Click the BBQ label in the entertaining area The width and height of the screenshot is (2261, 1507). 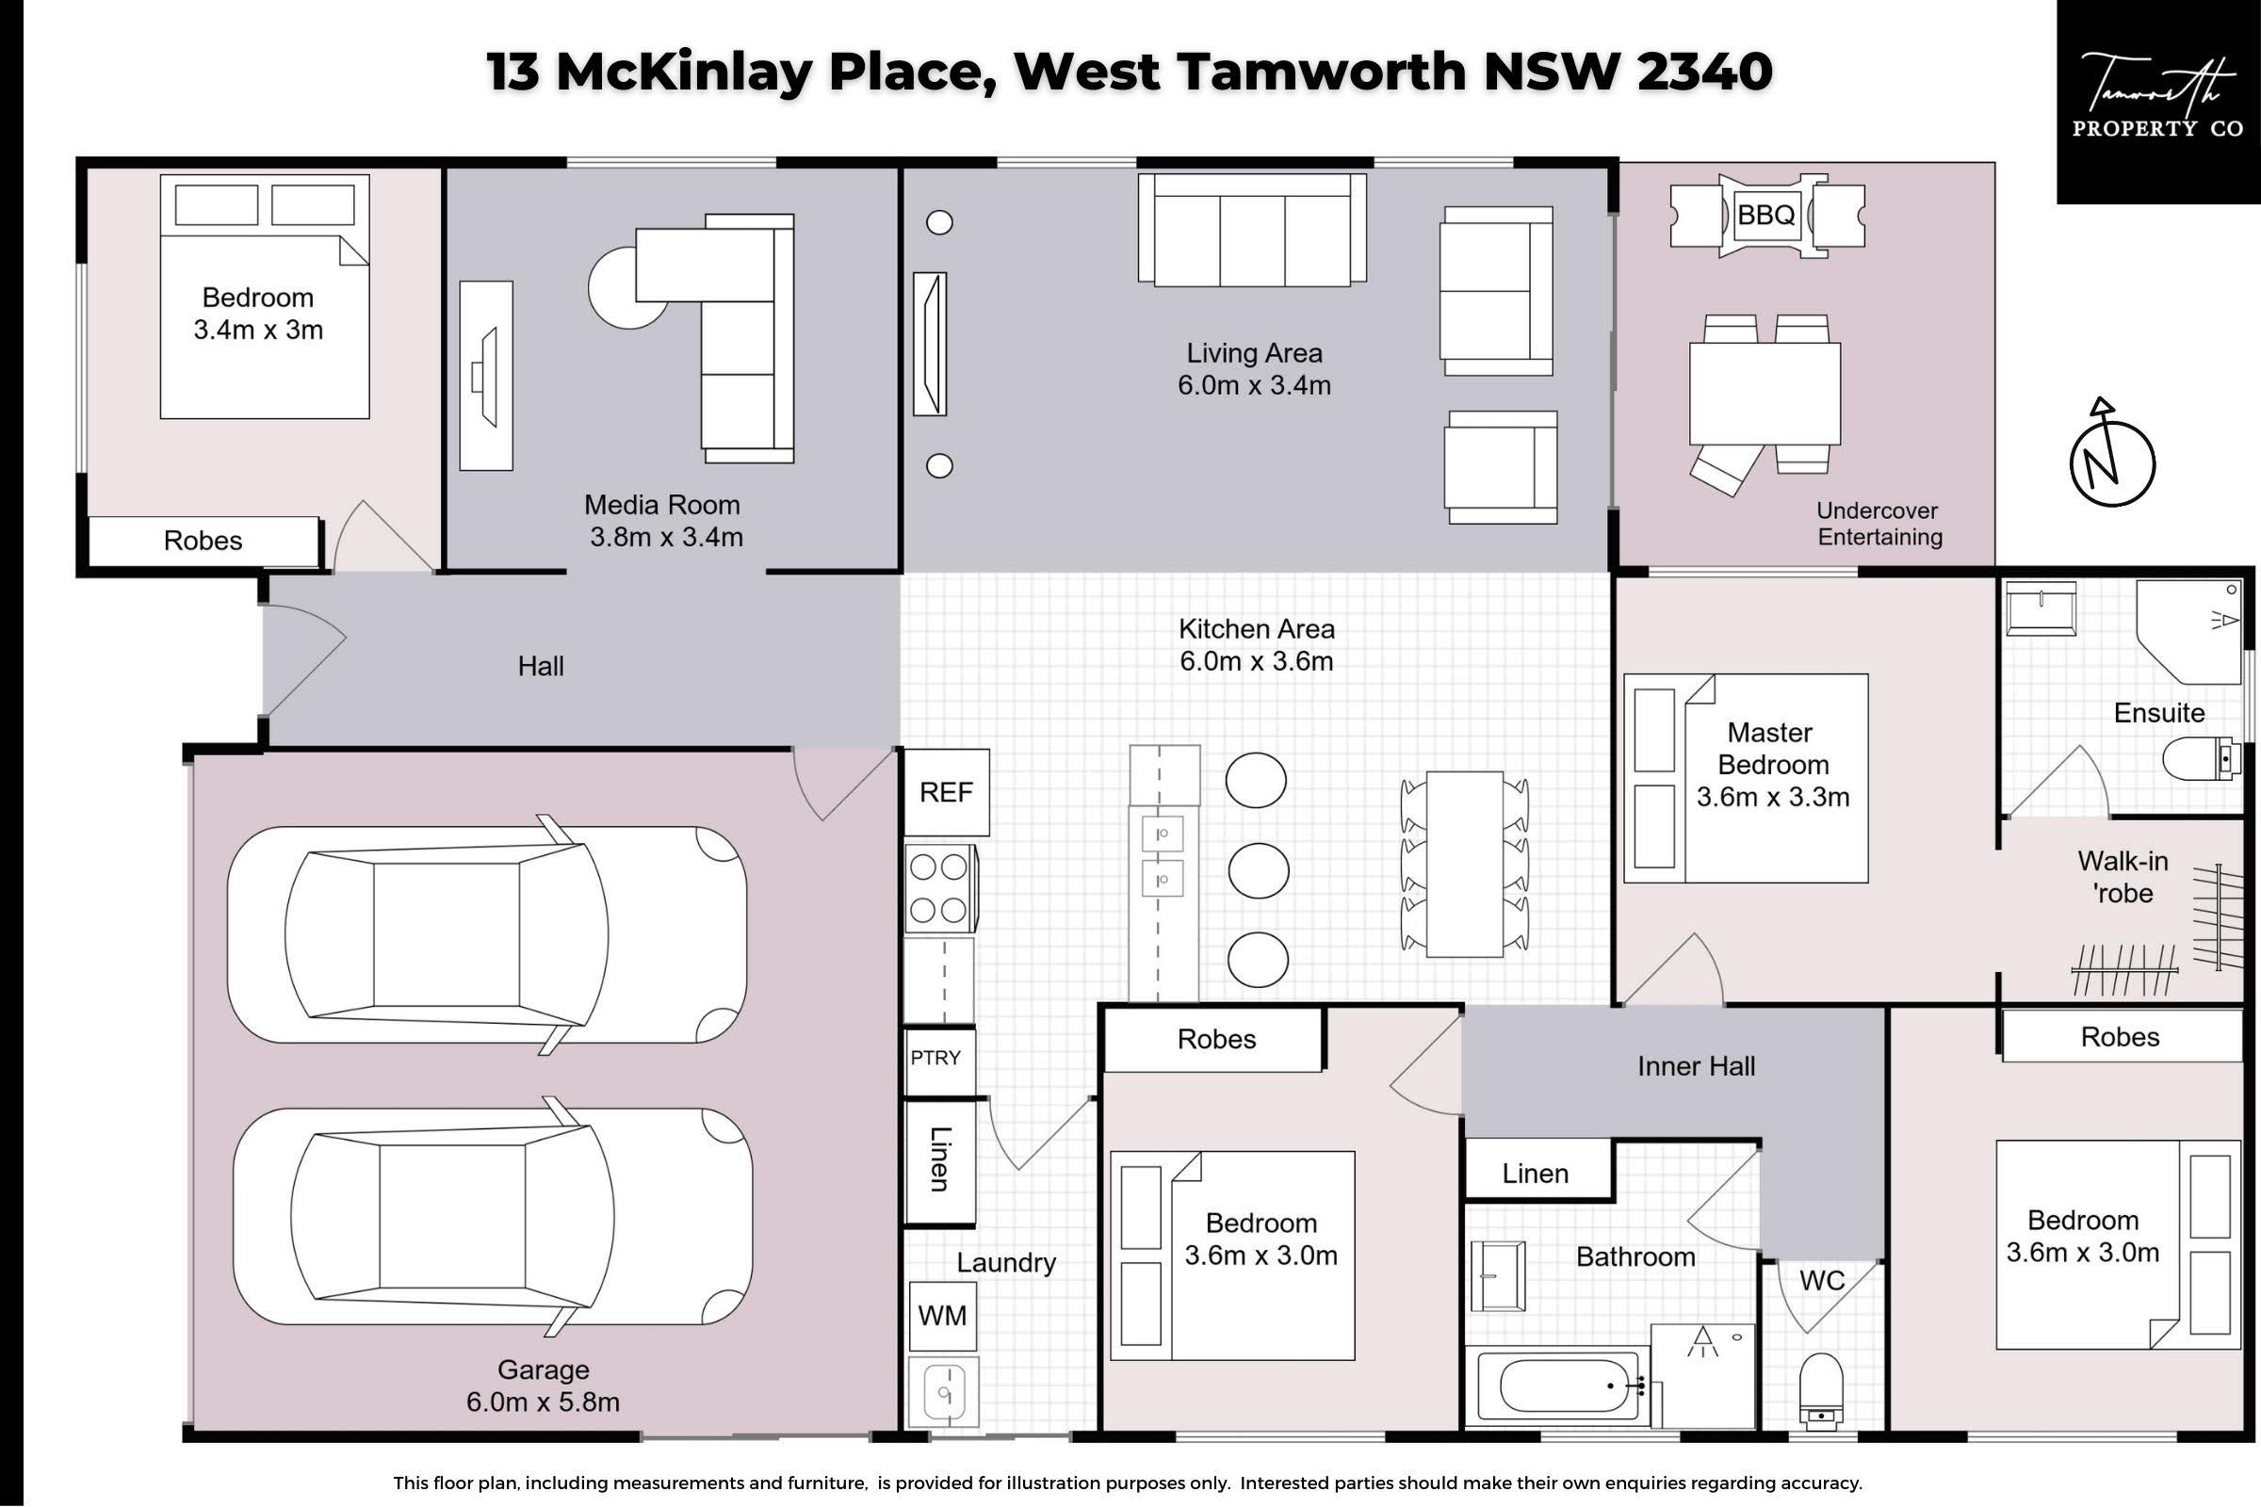[1765, 215]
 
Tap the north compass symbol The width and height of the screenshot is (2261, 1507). [2111, 456]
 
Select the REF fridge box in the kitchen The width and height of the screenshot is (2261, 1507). [946, 792]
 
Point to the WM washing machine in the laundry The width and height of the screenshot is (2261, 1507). [942, 1316]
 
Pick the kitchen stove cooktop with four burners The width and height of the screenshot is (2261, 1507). [940, 888]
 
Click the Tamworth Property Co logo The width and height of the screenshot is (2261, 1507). [2158, 101]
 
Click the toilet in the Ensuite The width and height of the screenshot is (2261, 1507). [2202, 759]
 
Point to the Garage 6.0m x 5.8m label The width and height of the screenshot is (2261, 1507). [544, 1385]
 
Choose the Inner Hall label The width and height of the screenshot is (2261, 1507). [1696, 1066]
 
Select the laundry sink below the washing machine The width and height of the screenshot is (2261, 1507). [943, 1392]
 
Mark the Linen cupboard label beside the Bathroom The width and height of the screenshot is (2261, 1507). [1536, 1174]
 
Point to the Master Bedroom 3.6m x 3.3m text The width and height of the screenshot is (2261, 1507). [1772, 764]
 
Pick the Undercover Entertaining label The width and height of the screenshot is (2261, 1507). [1879, 524]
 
